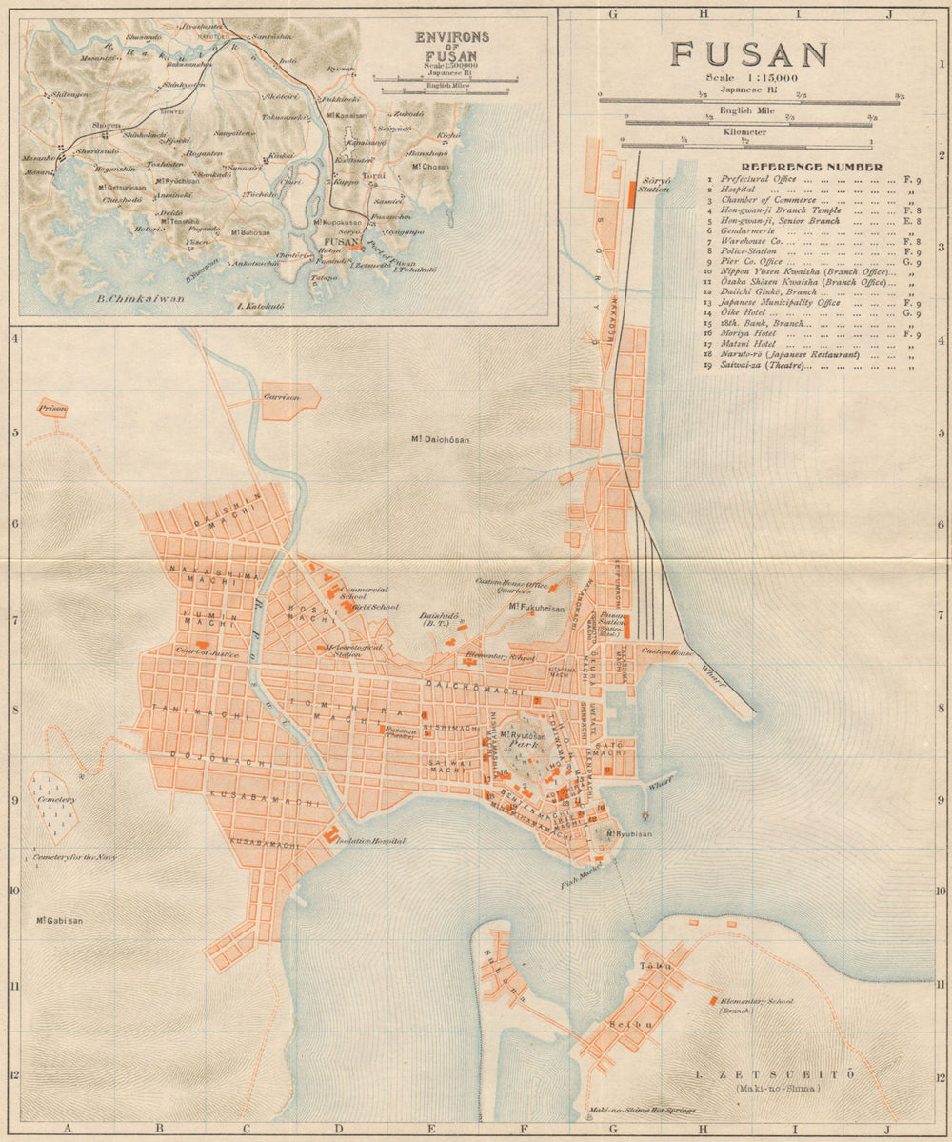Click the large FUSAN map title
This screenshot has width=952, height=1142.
coord(749,53)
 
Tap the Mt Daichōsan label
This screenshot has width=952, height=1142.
coord(441,439)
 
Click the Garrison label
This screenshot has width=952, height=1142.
coord(282,396)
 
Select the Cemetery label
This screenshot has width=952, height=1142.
coord(56,799)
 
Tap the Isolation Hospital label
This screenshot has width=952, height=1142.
coord(372,841)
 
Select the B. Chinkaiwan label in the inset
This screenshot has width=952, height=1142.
coord(140,299)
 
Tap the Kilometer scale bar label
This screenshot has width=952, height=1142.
coord(745,132)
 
